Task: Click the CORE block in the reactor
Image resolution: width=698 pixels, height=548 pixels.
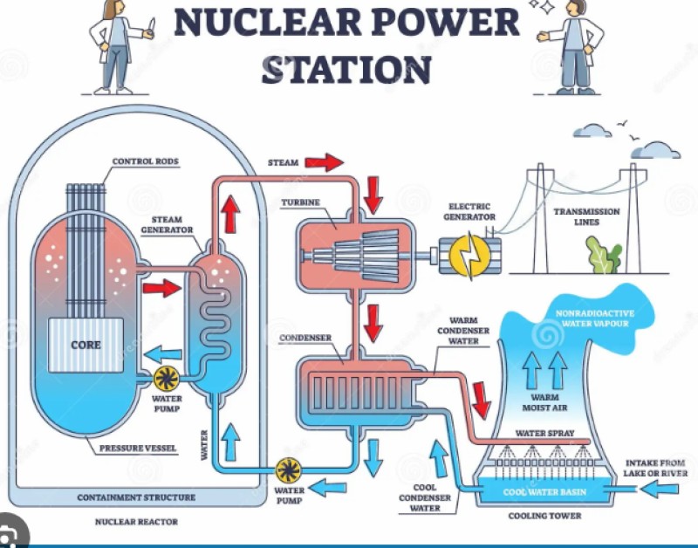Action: click(x=86, y=345)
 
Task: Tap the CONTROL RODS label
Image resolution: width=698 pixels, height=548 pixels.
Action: click(x=145, y=161)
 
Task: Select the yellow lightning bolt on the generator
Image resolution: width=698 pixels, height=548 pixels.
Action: click(x=469, y=256)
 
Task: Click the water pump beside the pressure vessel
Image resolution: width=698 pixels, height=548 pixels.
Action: click(x=167, y=379)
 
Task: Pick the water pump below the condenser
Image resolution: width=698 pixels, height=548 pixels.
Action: click(x=289, y=470)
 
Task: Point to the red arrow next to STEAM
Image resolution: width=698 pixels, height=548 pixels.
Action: click(x=324, y=162)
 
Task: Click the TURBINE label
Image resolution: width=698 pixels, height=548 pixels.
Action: click(x=300, y=202)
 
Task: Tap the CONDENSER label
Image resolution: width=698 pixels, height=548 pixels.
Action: click(x=305, y=338)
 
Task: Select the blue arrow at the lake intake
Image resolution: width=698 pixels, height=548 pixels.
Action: click(x=660, y=489)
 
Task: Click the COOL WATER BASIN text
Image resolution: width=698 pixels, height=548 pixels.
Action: click(x=544, y=492)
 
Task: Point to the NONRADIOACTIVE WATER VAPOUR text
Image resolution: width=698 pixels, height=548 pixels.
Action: click(x=595, y=319)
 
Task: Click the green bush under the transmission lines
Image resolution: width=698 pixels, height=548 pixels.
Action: click(x=604, y=255)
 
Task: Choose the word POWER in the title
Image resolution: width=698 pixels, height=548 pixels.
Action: click(x=441, y=23)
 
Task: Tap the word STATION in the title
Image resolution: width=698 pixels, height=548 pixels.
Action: click(x=346, y=70)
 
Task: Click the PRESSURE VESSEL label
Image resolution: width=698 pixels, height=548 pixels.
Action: click(x=138, y=449)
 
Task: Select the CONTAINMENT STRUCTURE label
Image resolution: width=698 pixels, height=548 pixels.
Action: click(x=136, y=497)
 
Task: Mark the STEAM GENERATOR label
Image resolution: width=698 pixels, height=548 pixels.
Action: click(x=167, y=225)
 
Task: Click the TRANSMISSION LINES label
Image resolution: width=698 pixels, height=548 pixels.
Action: click(x=586, y=216)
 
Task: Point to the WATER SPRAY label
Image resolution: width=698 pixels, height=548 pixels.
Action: click(x=544, y=433)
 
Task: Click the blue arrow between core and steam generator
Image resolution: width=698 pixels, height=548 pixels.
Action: click(x=163, y=354)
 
